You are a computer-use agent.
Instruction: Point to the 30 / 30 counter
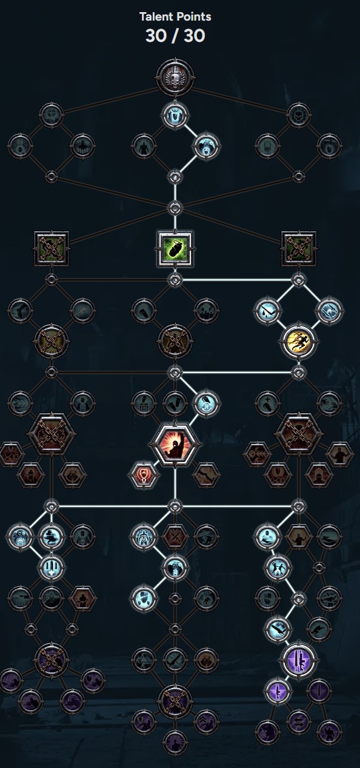coord(175,36)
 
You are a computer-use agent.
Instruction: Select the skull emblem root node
coord(175,77)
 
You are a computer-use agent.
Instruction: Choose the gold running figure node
coord(299,341)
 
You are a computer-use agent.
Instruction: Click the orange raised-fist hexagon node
coord(175,445)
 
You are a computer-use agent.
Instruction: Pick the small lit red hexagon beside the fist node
coord(144,475)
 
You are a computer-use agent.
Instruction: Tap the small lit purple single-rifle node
coord(278,690)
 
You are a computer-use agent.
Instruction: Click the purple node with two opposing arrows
coord(298,721)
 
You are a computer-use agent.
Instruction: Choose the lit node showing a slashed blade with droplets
coord(267,311)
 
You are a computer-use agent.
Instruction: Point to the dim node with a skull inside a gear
coord(299,114)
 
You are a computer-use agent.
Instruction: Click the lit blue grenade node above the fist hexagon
coord(206,403)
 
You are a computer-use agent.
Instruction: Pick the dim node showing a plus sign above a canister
coord(267,403)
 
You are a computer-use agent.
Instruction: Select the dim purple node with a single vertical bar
coord(319,690)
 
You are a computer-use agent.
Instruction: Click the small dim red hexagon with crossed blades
coord(175,537)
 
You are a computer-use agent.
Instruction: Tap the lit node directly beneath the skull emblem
coord(175,114)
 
